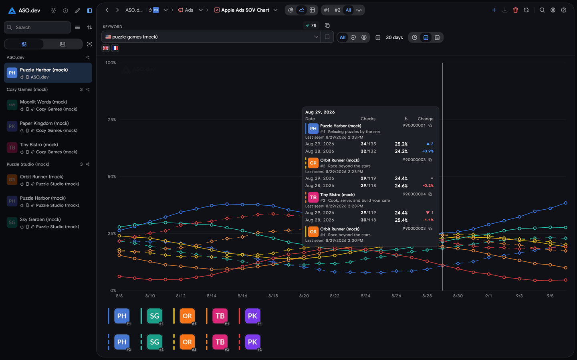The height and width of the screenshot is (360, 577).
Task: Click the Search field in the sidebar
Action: click(37, 27)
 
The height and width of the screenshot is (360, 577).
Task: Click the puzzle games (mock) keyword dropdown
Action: click(211, 37)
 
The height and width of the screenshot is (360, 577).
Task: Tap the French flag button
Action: click(115, 48)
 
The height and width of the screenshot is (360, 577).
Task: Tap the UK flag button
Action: click(106, 48)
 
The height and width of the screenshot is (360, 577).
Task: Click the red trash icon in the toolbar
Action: click(515, 10)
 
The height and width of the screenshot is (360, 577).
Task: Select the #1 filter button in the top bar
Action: click(327, 10)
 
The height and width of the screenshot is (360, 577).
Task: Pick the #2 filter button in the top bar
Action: click(337, 10)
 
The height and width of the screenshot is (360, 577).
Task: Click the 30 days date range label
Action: click(394, 37)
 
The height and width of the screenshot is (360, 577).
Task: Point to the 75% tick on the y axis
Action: click(111, 119)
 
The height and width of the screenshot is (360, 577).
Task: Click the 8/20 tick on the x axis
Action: click(304, 295)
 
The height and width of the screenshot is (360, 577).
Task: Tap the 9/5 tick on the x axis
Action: click(550, 295)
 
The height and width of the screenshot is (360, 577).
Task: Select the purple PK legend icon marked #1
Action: click(252, 316)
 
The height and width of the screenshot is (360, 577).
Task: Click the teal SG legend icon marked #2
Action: click(155, 342)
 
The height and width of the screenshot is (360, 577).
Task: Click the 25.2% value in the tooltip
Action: click(401, 144)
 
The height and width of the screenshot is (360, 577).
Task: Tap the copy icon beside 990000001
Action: click(430, 125)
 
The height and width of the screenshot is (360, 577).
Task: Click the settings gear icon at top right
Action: click(553, 10)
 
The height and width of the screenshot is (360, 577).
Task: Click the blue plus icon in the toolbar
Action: click(494, 10)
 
